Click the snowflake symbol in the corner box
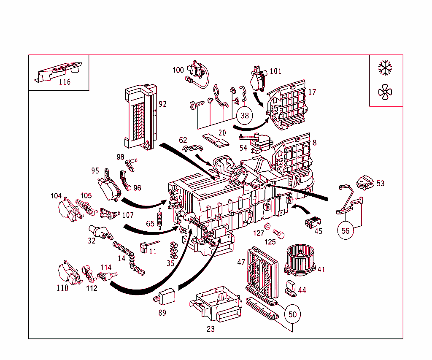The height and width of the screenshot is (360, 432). click(x=385, y=68)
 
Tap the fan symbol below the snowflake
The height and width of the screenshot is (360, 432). click(x=385, y=92)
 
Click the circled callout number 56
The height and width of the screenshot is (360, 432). click(x=346, y=231)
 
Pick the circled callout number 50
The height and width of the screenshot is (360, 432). click(x=292, y=314)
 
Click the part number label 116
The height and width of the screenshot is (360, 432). click(x=65, y=82)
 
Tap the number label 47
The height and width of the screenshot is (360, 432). click(x=241, y=262)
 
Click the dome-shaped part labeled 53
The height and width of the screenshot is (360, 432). click(x=364, y=182)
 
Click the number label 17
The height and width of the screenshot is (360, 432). click(x=312, y=92)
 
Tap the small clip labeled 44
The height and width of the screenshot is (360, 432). click(x=291, y=286)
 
